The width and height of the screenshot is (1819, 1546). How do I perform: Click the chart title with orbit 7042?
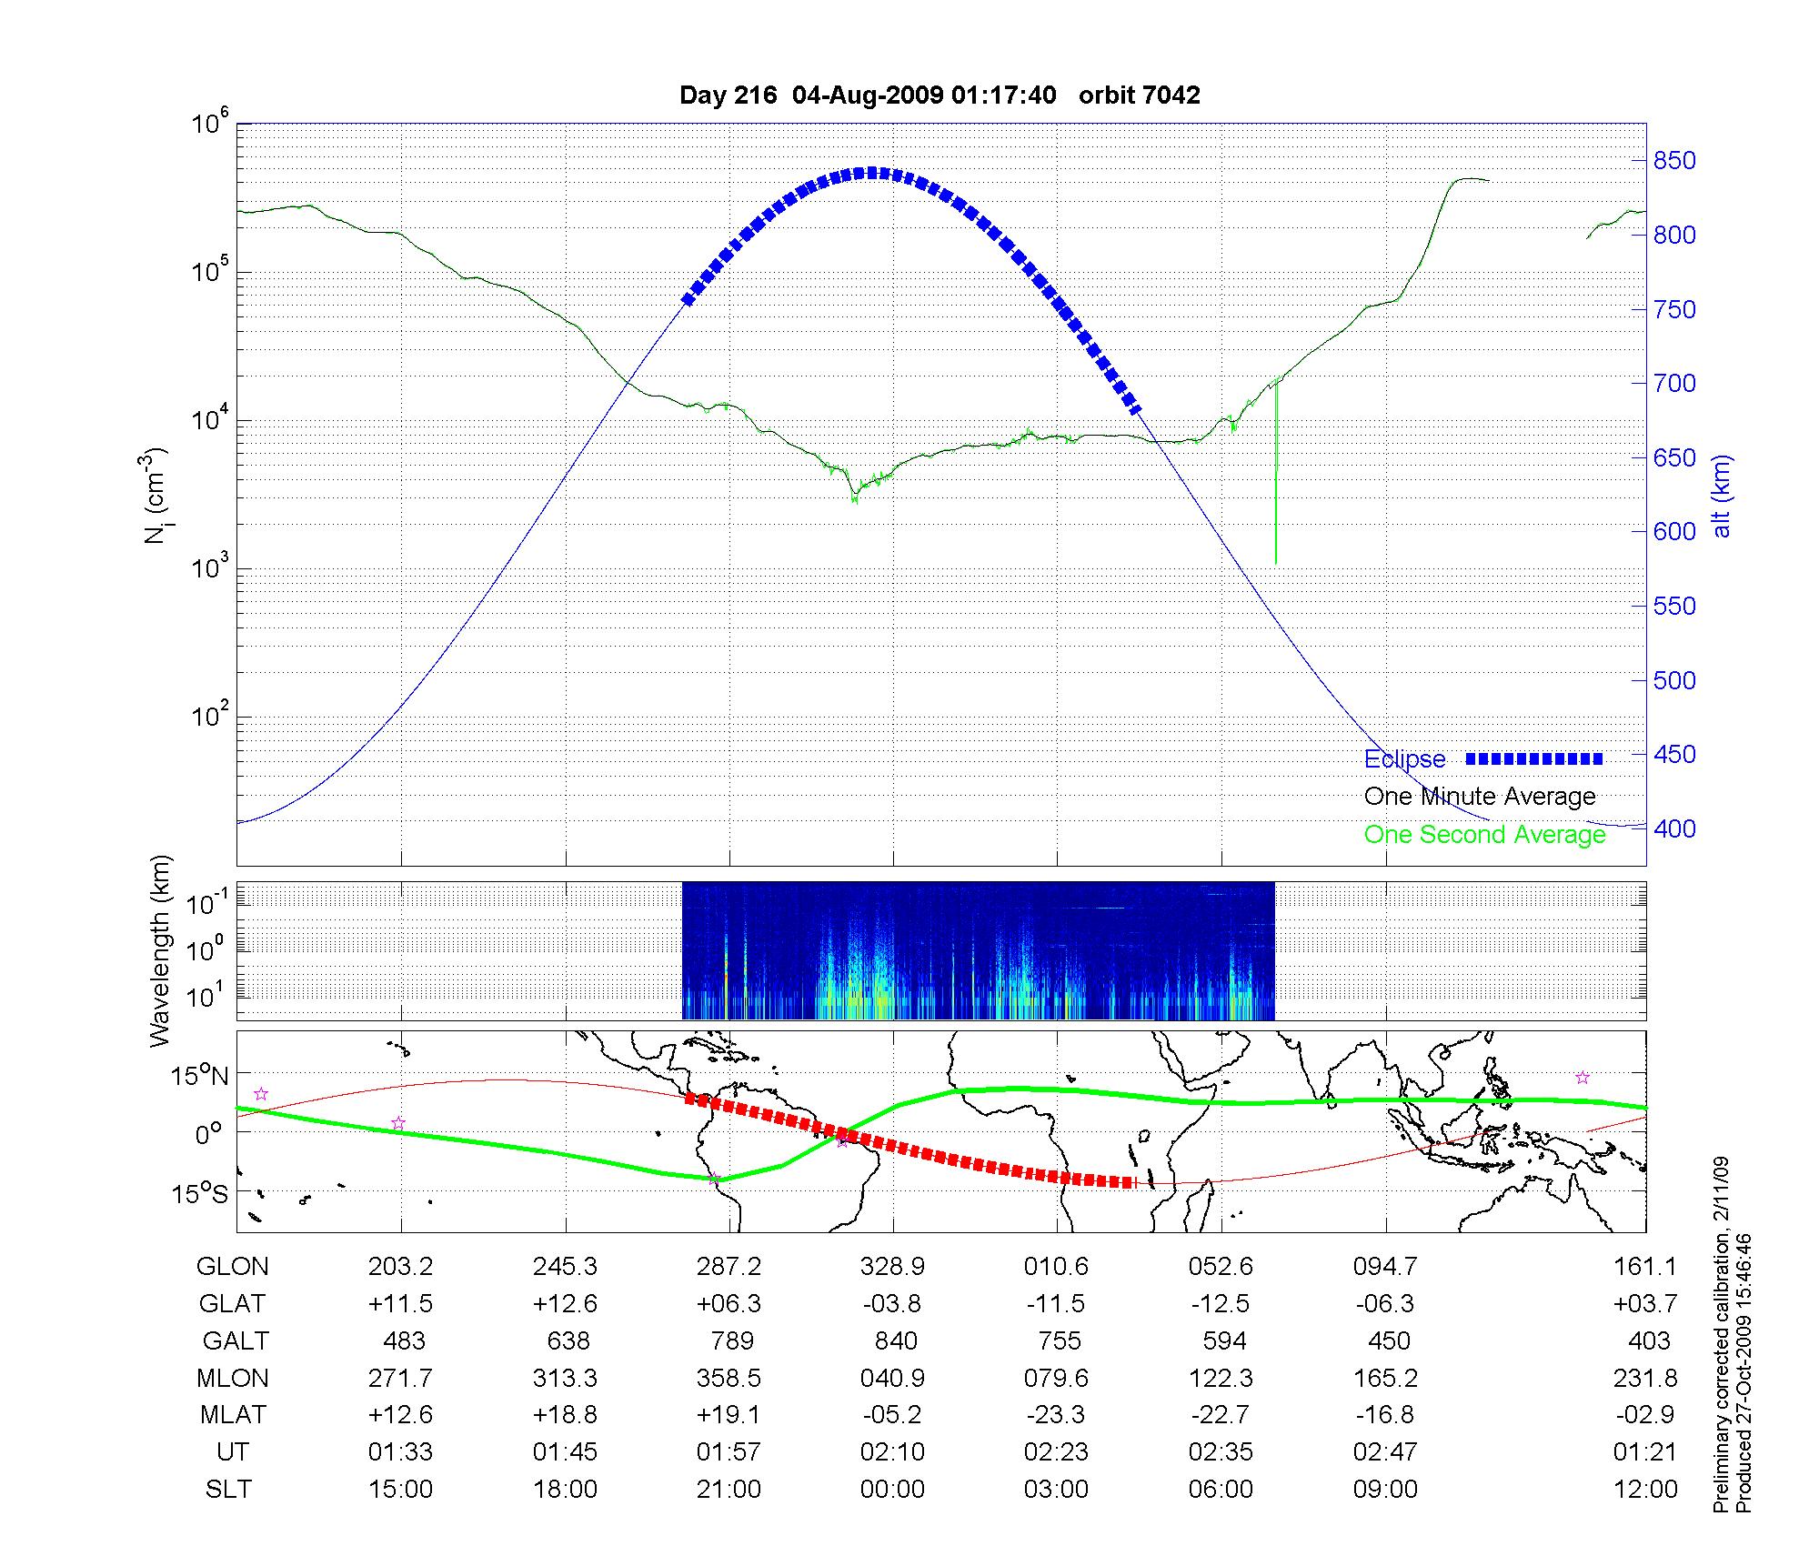[x=940, y=95]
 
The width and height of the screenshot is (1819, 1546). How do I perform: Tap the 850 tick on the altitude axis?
[x=1674, y=161]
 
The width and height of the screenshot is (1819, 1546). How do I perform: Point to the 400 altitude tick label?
[x=1674, y=828]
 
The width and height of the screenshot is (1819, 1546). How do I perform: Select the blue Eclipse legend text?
[x=1404, y=759]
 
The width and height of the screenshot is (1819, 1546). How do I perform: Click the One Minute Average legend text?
[x=1480, y=797]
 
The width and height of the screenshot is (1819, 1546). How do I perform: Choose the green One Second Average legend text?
[x=1484, y=835]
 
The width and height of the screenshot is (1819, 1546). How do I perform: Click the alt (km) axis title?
[x=1722, y=497]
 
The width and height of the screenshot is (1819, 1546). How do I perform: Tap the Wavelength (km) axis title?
[x=160, y=951]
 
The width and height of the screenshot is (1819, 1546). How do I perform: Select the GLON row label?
[x=233, y=1267]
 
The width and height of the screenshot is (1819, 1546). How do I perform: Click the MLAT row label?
[x=233, y=1415]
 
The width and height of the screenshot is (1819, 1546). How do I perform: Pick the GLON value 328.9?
[x=892, y=1267]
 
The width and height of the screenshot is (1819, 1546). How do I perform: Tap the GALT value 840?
[x=895, y=1340]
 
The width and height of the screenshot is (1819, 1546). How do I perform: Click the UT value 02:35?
[x=1221, y=1452]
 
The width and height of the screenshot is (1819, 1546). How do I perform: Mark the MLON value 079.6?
[x=1056, y=1378]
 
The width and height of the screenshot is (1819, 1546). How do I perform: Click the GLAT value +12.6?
[x=565, y=1304]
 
